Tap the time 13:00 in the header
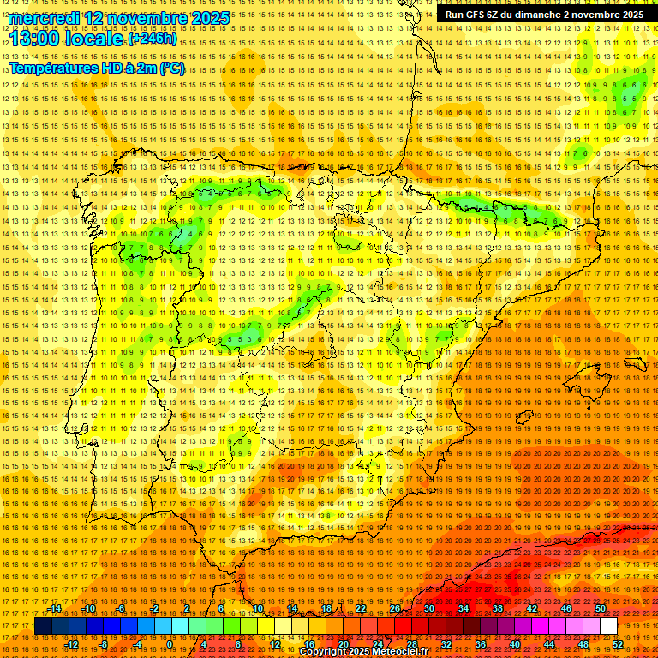[x=39, y=39]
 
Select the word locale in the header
[x=97, y=39]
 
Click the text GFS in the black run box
[x=475, y=15]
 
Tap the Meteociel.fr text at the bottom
[x=399, y=652]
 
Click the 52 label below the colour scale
[x=618, y=644]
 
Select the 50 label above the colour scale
[x=600, y=608]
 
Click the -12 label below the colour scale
[x=73, y=644]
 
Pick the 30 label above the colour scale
[x=428, y=608]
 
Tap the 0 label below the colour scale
[x=170, y=644]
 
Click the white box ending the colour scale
[x=608, y=626]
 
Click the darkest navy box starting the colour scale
[x=43, y=626]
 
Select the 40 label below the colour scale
[x=515, y=644]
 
